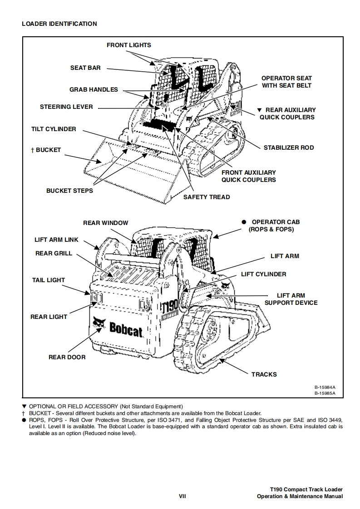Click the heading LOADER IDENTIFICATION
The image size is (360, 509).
coord(59,24)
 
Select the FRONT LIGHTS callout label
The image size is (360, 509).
coord(129,45)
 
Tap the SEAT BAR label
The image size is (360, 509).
coord(85,68)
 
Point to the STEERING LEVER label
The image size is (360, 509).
coord(66,107)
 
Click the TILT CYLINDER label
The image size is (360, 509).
coord(54,129)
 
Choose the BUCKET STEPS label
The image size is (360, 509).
coord(69,191)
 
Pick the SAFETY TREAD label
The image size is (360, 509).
coord(207,197)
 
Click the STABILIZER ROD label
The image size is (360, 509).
coord(289,147)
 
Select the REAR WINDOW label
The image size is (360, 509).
coord(106,223)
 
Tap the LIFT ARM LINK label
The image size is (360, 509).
coord(56,240)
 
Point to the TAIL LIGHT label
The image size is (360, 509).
coord(49,280)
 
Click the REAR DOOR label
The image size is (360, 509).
coord(67,357)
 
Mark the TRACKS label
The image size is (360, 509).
coord(264,374)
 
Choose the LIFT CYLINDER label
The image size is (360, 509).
coord(264,274)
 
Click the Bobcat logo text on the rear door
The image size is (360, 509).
coord(124,330)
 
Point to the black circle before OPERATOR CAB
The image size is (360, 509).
coord(244,222)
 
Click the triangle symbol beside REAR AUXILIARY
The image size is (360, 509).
coord(259,110)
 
